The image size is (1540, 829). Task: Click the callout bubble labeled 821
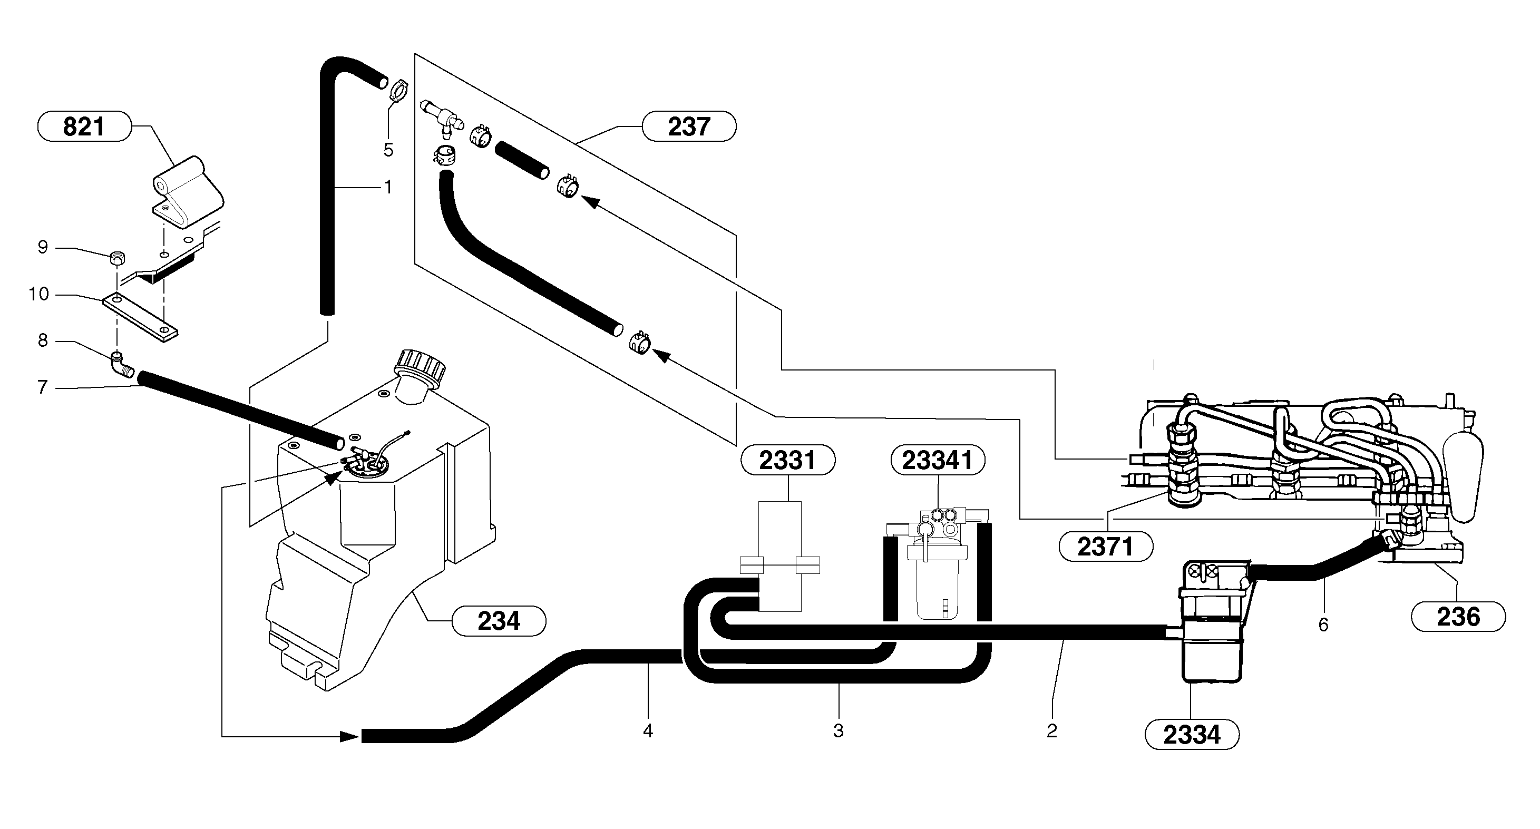(84, 126)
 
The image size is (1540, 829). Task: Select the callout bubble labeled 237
(689, 126)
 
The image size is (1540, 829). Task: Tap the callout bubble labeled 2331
(787, 460)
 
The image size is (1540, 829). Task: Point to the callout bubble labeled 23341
(938, 460)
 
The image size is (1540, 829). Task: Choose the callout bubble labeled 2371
(1105, 547)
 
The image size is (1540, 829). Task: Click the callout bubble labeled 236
(1458, 616)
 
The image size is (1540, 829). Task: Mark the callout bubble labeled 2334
(1192, 735)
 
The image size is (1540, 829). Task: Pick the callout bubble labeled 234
(499, 621)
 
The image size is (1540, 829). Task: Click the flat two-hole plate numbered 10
(141, 317)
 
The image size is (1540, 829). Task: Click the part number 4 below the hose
(647, 730)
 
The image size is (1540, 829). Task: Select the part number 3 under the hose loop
(838, 730)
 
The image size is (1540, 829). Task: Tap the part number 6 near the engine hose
(1323, 625)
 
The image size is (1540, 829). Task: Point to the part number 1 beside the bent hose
(388, 187)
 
